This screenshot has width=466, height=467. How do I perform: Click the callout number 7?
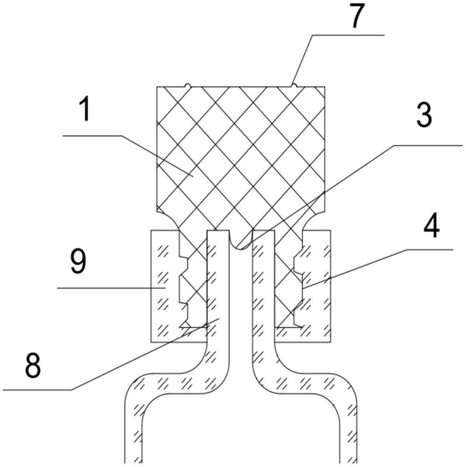point(357,16)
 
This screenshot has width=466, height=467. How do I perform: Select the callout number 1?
point(85,109)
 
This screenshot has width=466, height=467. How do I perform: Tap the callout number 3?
point(424,116)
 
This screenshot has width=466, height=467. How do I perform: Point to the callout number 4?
point(432,225)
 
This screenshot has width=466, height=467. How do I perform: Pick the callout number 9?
point(78,261)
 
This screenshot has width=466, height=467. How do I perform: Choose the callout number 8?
point(33,365)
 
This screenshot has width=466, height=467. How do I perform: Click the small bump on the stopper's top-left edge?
point(187,85)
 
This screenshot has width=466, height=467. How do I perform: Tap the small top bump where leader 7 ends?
point(294,85)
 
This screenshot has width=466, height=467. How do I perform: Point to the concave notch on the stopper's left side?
point(168,220)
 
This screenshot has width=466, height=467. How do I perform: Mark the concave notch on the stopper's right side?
point(314,220)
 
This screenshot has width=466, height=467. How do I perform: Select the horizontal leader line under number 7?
point(348,35)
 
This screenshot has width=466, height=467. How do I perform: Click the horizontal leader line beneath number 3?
point(427,145)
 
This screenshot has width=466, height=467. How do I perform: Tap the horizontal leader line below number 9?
point(111,288)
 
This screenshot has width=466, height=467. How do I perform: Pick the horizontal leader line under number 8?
point(37,389)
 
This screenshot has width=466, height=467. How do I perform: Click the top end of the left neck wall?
point(218,231)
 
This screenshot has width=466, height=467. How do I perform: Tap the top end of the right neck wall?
point(264,231)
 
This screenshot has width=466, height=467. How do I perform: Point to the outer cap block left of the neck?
point(165,286)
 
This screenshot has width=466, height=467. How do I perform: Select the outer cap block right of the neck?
point(317,286)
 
